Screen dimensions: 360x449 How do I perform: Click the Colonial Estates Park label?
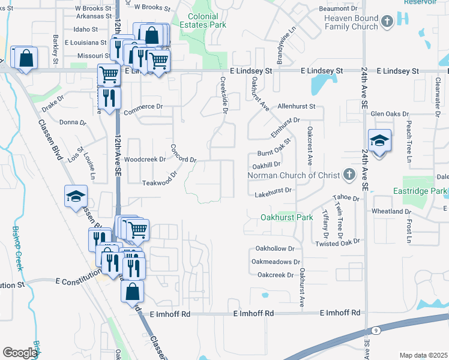207,20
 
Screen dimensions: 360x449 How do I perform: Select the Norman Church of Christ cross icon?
349,175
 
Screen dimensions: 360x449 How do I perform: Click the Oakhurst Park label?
286,217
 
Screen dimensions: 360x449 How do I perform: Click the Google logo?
20,353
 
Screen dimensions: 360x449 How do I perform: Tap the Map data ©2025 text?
423,355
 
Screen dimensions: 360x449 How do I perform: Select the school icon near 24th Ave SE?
379,141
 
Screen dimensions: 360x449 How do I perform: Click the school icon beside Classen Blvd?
77,197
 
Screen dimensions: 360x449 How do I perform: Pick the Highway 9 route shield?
376,331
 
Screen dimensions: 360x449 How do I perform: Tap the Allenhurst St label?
296,106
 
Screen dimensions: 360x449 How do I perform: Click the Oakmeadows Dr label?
276,262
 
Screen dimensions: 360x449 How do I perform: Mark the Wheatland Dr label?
391,212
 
